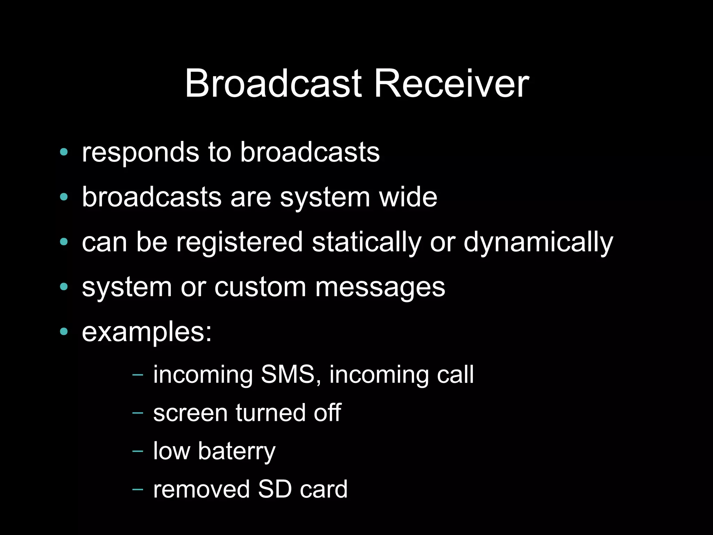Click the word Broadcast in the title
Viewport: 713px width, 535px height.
point(273,84)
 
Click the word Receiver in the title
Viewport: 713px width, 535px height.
point(451,84)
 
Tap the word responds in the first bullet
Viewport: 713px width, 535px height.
point(140,153)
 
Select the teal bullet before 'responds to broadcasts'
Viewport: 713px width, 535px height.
point(64,152)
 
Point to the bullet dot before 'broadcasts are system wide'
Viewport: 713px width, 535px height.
point(64,197)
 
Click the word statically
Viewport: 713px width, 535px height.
point(366,243)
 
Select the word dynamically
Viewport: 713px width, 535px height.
point(538,243)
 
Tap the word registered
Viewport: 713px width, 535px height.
point(239,243)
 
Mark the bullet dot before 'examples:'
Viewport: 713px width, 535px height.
point(64,332)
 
